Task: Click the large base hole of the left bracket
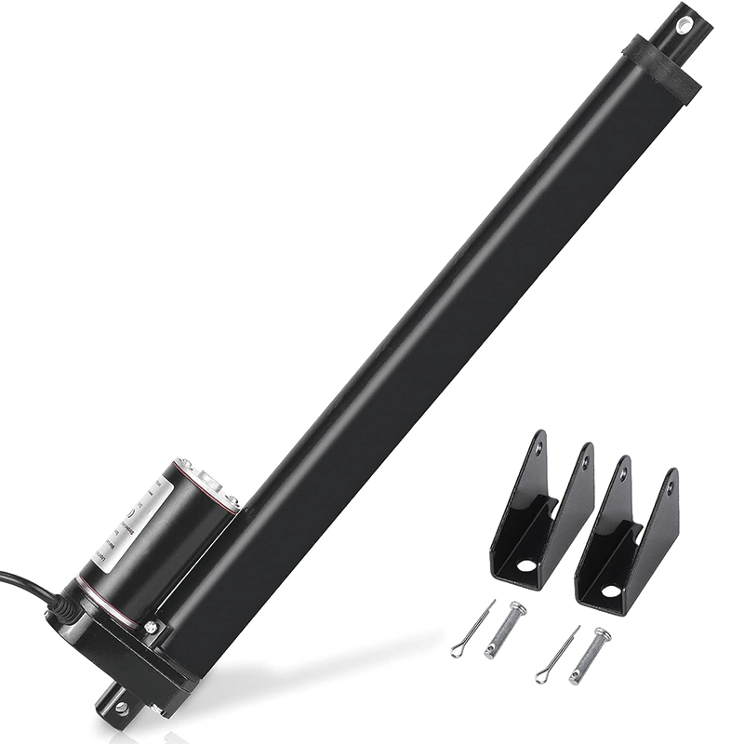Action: pos(526,565)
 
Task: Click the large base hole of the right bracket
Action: pos(610,590)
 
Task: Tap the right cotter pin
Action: pos(557,654)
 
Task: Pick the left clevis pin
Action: pos(505,630)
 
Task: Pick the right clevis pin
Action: pos(591,654)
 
